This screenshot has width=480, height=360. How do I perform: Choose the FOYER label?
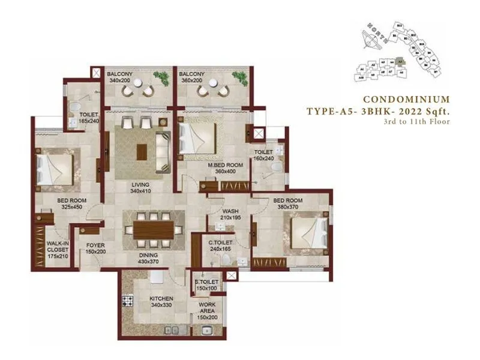pos(96,248)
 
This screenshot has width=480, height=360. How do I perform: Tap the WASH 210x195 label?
pos(231,215)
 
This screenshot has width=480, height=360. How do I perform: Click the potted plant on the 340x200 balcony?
pos(160,78)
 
